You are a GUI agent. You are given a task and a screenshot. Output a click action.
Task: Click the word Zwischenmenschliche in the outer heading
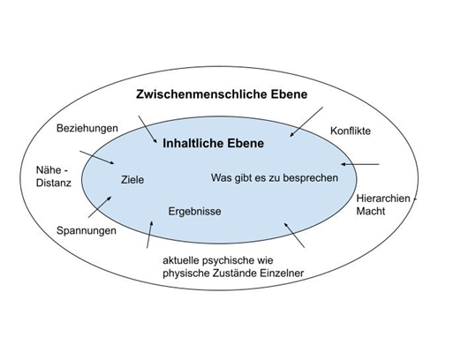(201, 94)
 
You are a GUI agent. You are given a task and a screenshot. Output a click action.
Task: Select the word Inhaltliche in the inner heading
(193, 143)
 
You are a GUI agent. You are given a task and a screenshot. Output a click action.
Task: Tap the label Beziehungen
(87, 128)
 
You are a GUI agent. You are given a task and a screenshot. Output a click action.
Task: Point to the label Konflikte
(351, 131)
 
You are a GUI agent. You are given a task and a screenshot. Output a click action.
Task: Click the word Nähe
(49, 169)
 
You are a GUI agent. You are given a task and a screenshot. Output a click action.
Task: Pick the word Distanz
(54, 183)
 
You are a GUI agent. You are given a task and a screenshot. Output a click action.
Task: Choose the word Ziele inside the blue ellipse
(132, 179)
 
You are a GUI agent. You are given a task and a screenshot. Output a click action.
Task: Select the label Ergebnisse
(194, 211)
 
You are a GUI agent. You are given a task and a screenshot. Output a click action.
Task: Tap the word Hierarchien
(383, 199)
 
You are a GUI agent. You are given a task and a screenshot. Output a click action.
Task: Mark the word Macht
(370, 211)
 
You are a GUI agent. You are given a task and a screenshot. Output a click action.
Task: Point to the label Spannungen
(87, 230)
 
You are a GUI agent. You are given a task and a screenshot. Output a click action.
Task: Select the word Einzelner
(282, 273)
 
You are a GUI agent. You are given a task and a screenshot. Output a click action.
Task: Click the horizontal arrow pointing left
(360, 164)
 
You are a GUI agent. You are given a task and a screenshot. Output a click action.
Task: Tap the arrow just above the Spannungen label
(100, 207)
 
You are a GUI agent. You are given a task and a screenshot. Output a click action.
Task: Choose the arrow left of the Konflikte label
(306, 122)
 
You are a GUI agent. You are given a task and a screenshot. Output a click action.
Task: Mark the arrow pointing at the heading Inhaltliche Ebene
(147, 129)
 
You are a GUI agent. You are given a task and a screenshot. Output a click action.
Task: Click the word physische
(186, 273)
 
